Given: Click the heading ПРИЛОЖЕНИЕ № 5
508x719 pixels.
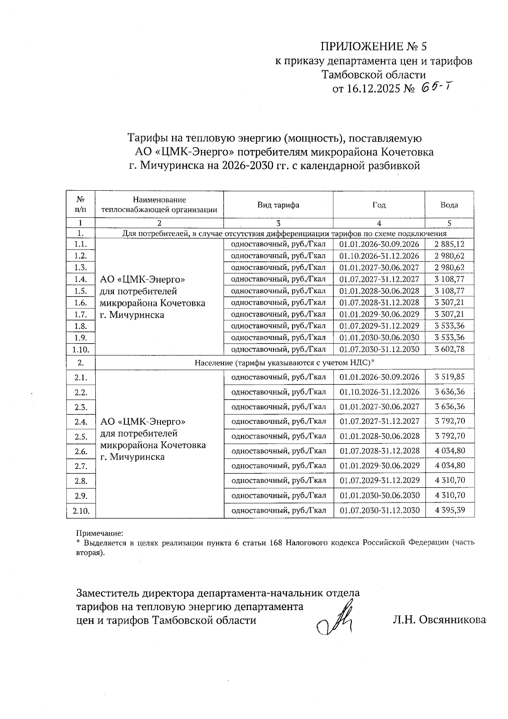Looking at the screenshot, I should (x=376, y=46).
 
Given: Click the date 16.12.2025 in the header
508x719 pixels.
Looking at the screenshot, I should (x=373, y=89).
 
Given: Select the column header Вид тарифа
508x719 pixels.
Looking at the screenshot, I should (x=278, y=205).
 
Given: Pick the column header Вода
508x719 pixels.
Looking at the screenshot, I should (x=449, y=205).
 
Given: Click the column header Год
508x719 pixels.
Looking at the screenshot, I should (x=379, y=205).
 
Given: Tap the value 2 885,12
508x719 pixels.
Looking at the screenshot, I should (x=449, y=244).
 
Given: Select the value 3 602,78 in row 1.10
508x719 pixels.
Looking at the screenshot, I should (x=449, y=349).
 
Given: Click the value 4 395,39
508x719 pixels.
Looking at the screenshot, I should (x=450, y=510).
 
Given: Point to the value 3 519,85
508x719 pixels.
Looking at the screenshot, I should (x=450, y=377).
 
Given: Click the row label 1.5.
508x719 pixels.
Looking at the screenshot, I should (x=80, y=291).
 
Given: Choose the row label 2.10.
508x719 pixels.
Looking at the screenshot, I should (x=81, y=511).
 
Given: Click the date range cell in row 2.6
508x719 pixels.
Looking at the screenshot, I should (x=379, y=451).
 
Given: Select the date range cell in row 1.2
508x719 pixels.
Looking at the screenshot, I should (x=379, y=256).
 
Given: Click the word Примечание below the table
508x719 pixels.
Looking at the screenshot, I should (x=99, y=533).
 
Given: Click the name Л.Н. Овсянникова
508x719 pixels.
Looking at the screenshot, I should (x=439, y=620).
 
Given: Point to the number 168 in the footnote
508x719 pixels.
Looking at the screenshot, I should (x=276, y=543).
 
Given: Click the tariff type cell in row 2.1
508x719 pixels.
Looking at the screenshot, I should (x=279, y=377).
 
